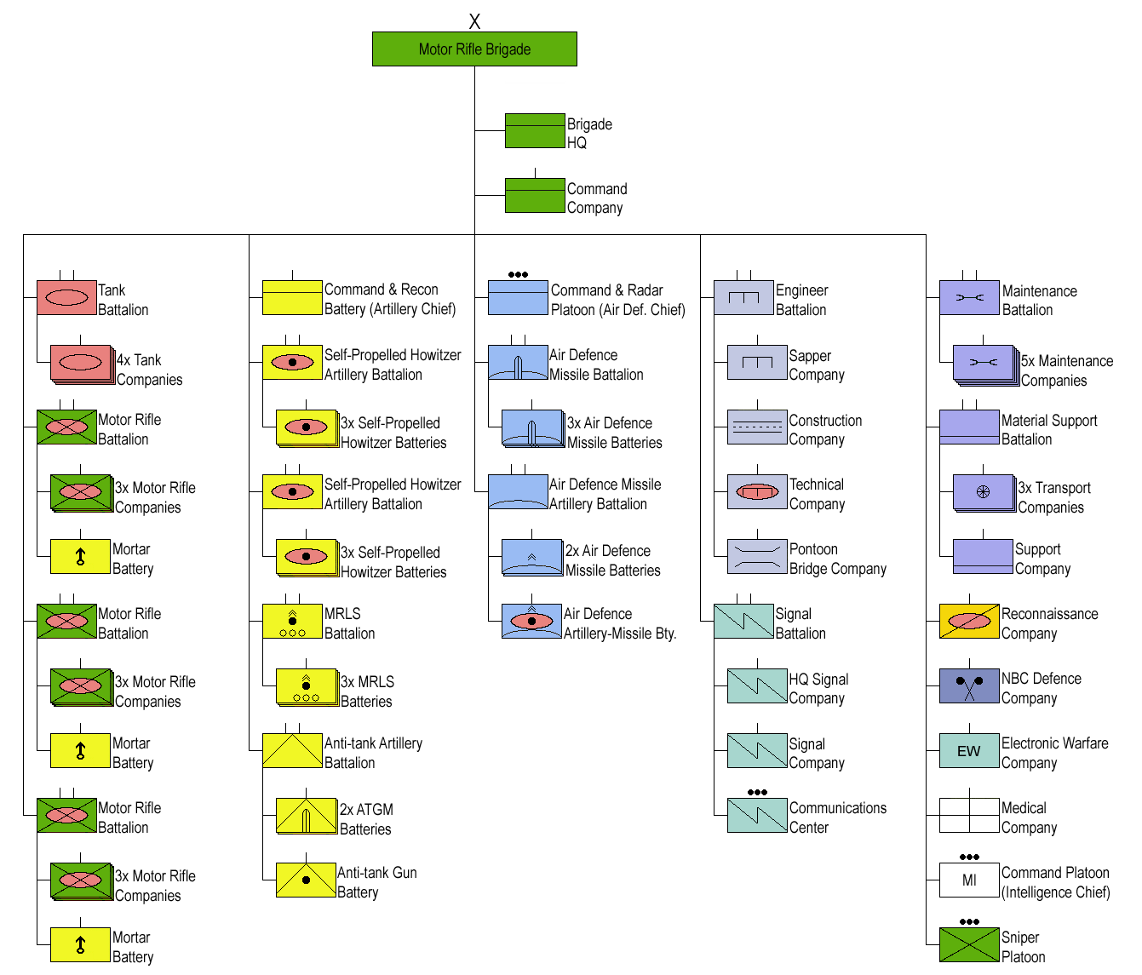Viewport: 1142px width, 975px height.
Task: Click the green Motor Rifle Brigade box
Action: pos(474,49)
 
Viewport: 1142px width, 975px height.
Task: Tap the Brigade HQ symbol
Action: pos(535,131)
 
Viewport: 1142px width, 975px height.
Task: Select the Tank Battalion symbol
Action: pos(67,298)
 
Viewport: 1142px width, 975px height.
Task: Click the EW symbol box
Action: pos(969,751)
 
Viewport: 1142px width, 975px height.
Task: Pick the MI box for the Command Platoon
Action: pos(969,880)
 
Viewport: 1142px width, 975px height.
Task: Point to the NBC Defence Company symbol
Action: pos(969,686)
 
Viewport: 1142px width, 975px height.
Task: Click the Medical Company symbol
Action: pos(969,816)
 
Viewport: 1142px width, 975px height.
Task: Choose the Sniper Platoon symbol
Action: pos(969,944)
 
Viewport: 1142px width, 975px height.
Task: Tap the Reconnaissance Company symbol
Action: pos(969,622)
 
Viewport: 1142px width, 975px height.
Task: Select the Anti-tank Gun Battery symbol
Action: pos(306,880)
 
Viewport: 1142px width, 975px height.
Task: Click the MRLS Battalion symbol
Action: pos(292,622)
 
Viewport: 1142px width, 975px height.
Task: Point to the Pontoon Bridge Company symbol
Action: pos(757,556)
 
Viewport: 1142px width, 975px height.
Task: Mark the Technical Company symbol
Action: pos(757,491)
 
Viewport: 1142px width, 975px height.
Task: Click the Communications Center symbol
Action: pos(757,816)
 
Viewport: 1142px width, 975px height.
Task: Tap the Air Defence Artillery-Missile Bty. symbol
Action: pos(531,622)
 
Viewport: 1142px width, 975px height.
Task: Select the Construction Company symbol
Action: pos(757,427)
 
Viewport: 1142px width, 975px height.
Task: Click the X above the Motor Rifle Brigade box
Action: pos(474,21)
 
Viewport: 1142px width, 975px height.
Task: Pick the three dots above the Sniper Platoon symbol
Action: pos(969,921)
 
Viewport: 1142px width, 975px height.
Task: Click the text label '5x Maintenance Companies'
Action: pos(1067,370)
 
